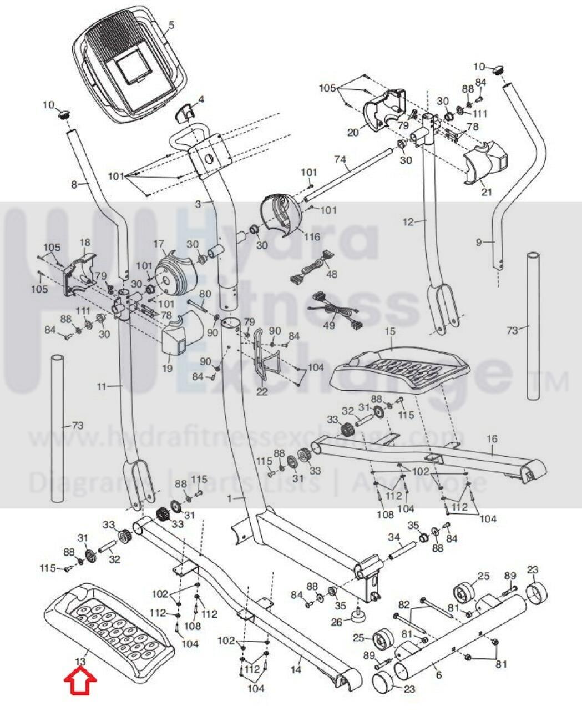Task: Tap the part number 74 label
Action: click(x=340, y=159)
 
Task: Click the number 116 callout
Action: click(x=312, y=237)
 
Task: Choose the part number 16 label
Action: click(x=492, y=439)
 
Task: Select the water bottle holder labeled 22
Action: click(x=258, y=355)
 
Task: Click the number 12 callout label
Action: click(x=408, y=223)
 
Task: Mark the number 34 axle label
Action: click(x=393, y=537)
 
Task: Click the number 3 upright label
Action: click(x=198, y=204)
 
